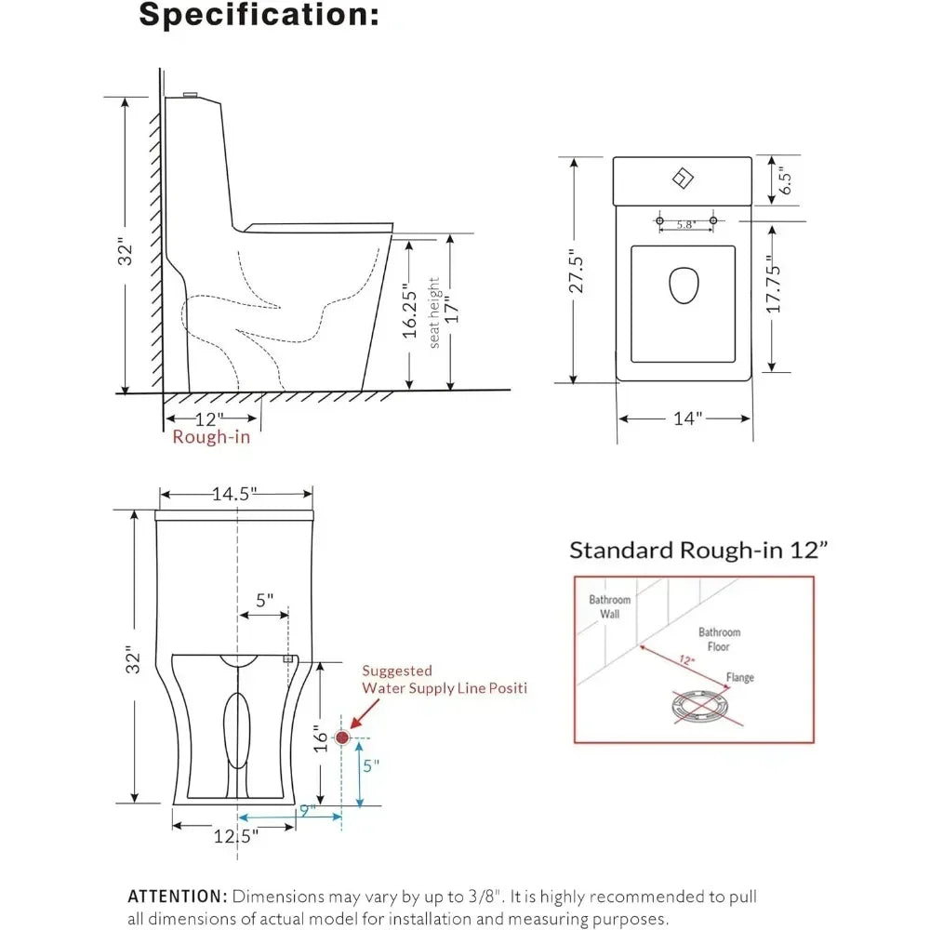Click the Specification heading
259,16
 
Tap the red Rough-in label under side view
211,437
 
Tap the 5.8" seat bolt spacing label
686,224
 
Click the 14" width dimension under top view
685,418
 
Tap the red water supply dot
342,737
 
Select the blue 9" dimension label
306,810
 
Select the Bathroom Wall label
609,606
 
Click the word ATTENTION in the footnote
177,897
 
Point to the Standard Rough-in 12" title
698,550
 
